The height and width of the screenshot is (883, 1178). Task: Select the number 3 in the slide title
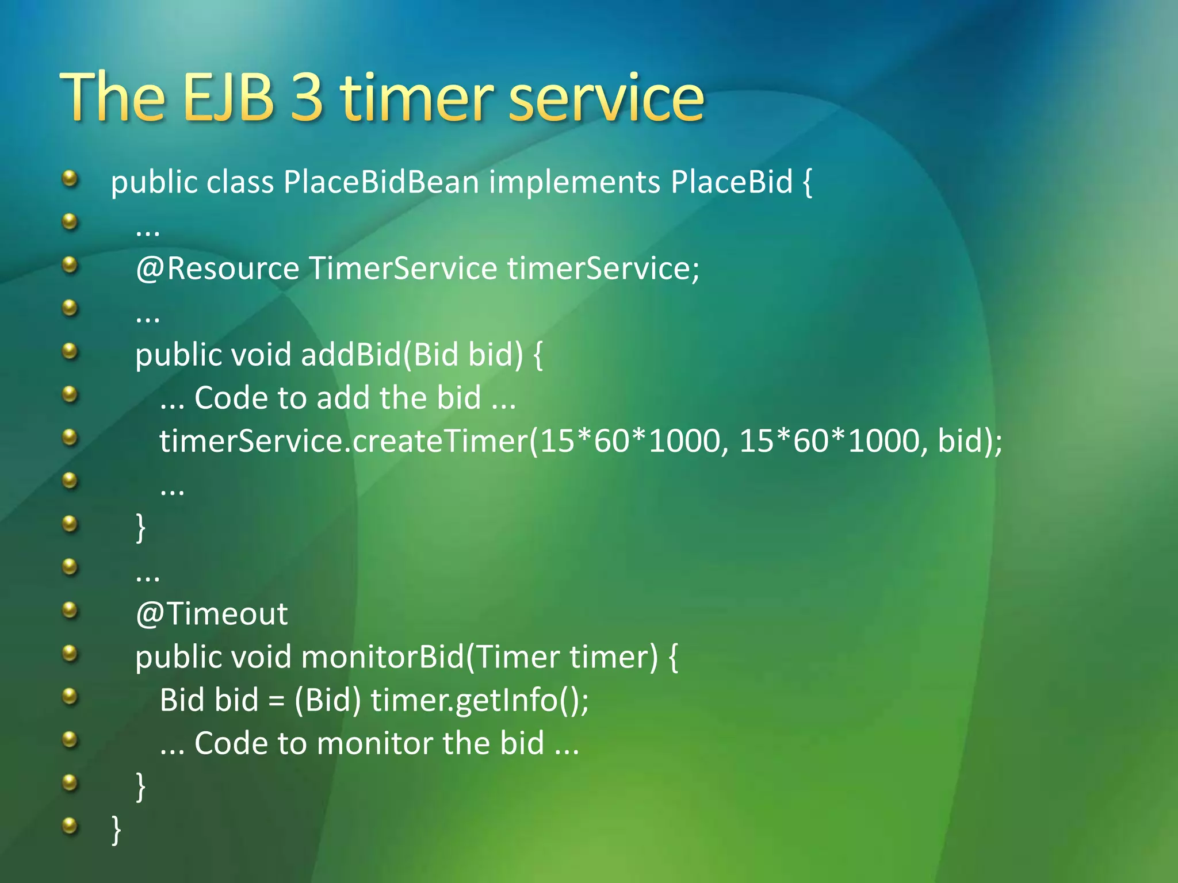tap(307, 98)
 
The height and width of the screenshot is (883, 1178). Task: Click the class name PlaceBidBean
tap(381, 182)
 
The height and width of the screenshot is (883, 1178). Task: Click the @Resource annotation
tap(217, 268)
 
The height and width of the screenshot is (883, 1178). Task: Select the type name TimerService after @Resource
tap(403, 268)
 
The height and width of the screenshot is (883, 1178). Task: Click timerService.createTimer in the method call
tap(343, 441)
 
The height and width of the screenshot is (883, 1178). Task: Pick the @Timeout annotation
tap(211, 614)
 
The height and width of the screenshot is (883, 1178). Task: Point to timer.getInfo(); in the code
tap(480, 701)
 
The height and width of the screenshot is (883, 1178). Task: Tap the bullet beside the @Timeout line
tap(70, 609)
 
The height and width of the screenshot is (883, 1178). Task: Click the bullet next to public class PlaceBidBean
tap(70, 178)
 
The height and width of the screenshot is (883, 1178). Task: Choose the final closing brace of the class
tap(116, 830)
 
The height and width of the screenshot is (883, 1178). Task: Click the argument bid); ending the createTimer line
tap(969, 441)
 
